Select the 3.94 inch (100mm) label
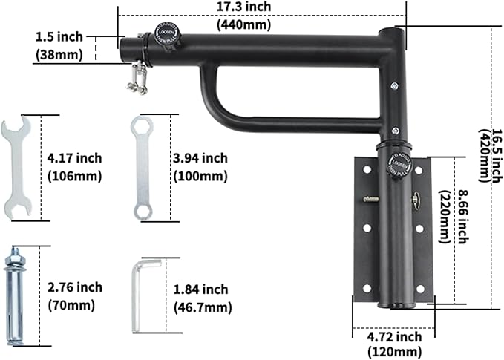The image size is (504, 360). point(200,167)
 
